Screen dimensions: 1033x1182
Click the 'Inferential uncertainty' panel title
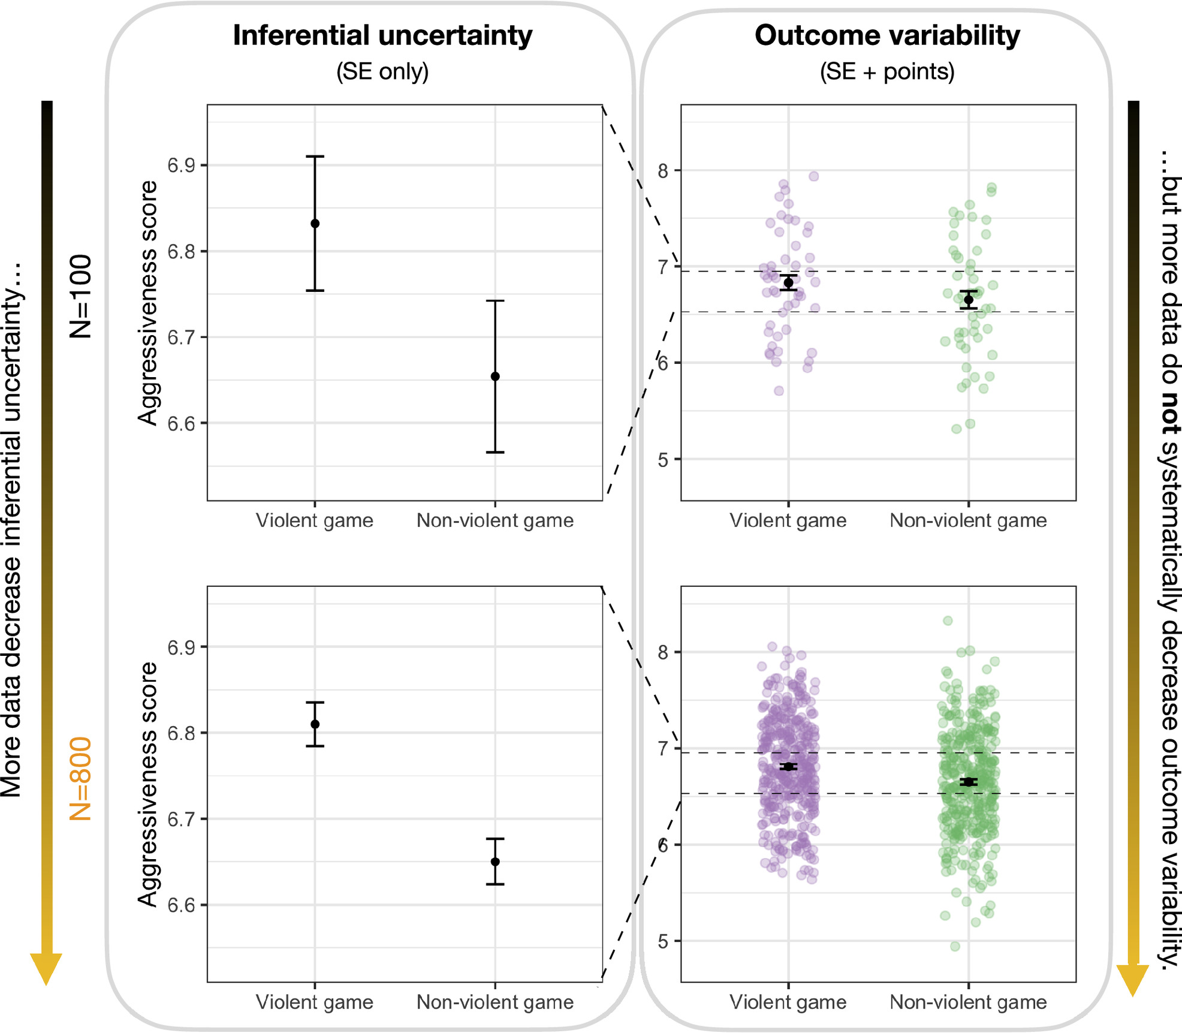(x=382, y=35)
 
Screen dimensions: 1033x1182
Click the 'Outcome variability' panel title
(x=886, y=35)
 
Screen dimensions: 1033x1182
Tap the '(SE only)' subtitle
(x=382, y=71)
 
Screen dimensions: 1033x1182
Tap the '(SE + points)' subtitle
(x=886, y=71)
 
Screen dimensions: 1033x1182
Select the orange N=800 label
(x=80, y=778)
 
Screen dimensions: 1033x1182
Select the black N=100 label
(x=80, y=297)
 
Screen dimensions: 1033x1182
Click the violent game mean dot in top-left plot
(x=315, y=224)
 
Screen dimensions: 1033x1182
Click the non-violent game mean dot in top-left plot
(x=495, y=377)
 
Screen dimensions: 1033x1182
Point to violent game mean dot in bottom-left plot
(x=315, y=724)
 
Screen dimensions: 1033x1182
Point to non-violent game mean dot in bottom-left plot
(x=495, y=862)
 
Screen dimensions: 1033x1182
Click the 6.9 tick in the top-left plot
(x=182, y=165)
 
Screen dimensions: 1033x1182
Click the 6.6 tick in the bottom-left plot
(x=182, y=905)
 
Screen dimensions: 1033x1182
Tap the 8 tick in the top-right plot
(x=662, y=171)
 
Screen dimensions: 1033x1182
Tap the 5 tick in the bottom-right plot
(x=662, y=942)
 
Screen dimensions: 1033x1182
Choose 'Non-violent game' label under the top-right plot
(x=968, y=520)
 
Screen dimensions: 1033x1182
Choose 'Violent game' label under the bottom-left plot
(x=315, y=1002)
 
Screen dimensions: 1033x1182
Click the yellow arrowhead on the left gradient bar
(x=46, y=966)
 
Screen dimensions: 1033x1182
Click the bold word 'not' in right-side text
(x=1169, y=413)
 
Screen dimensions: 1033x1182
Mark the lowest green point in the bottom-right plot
(x=955, y=947)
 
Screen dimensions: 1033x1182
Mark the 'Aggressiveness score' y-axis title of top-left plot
(x=147, y=303)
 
